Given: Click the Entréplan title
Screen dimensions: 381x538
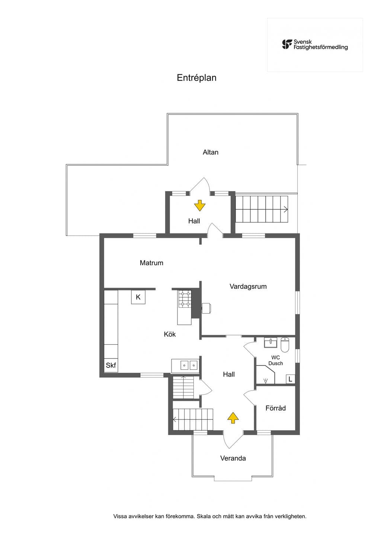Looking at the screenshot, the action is tap(196, 78).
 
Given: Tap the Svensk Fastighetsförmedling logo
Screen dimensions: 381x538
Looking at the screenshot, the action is tap(315, 45).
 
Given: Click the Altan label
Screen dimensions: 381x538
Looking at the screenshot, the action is tap(211, 152).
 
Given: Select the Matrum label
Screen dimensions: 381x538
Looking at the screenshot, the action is tap(151, 263).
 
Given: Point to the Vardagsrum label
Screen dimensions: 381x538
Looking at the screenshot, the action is tap(248, 286).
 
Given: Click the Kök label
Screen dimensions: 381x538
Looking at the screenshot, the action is tap(170, 334).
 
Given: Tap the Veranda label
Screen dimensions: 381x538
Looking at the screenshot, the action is tap(233, 458).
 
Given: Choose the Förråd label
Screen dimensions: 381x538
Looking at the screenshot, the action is tap(275, 408).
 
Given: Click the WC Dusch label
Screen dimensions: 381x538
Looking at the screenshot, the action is tap(275, 360).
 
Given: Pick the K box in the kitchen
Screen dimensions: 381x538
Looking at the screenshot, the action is tap(138, 297).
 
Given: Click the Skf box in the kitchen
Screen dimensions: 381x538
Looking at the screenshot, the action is tap(111, 365).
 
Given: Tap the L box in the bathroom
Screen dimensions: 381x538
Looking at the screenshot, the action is tap(290, 379).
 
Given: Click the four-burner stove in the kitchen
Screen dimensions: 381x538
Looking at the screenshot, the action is tap(185, 299).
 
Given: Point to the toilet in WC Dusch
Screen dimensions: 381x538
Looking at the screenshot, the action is tap(285, 345).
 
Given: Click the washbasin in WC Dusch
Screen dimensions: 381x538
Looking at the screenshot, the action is tap(270, 342).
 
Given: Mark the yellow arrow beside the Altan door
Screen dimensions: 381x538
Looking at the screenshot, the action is tap(200, 205).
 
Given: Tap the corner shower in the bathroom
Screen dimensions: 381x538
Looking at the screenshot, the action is tap(265, 375).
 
